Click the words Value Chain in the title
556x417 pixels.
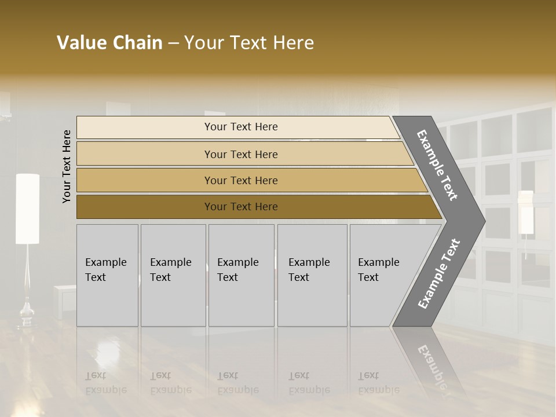click(109, 43)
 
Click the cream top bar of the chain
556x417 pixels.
click(241, 127)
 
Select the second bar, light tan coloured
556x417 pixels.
click(241, 154)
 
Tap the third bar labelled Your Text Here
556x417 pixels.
click(241, 180)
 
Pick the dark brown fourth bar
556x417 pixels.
click(241, 207)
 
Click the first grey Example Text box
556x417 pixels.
click(107, 275)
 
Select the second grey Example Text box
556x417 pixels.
click(173, 275)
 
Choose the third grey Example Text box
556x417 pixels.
click(241, 275)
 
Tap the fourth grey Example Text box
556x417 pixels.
click(312, 275)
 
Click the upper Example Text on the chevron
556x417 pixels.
click(438, 165)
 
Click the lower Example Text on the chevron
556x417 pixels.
click(439, 273)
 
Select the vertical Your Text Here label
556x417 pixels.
click(67, 166)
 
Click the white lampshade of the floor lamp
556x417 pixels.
click(27, 209)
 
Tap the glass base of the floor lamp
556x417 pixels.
click(27, 313)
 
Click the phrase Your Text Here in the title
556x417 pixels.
click(249, 43)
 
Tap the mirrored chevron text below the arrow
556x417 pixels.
click(431, 365)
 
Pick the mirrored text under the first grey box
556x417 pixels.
click(105, 383)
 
